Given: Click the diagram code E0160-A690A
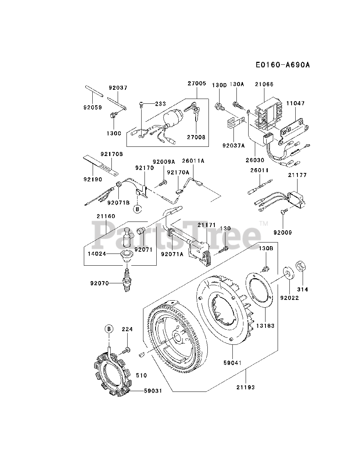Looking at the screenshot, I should coord(284,65).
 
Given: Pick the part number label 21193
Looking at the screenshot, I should coord(246,387).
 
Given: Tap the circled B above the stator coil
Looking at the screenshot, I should coord(109,329).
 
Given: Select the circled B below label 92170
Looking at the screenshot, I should coord(137,209).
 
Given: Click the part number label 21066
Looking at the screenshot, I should coord(264,84).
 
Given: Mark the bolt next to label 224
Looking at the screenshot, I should coord(127,349).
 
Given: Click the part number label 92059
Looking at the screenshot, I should coord(92,107).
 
